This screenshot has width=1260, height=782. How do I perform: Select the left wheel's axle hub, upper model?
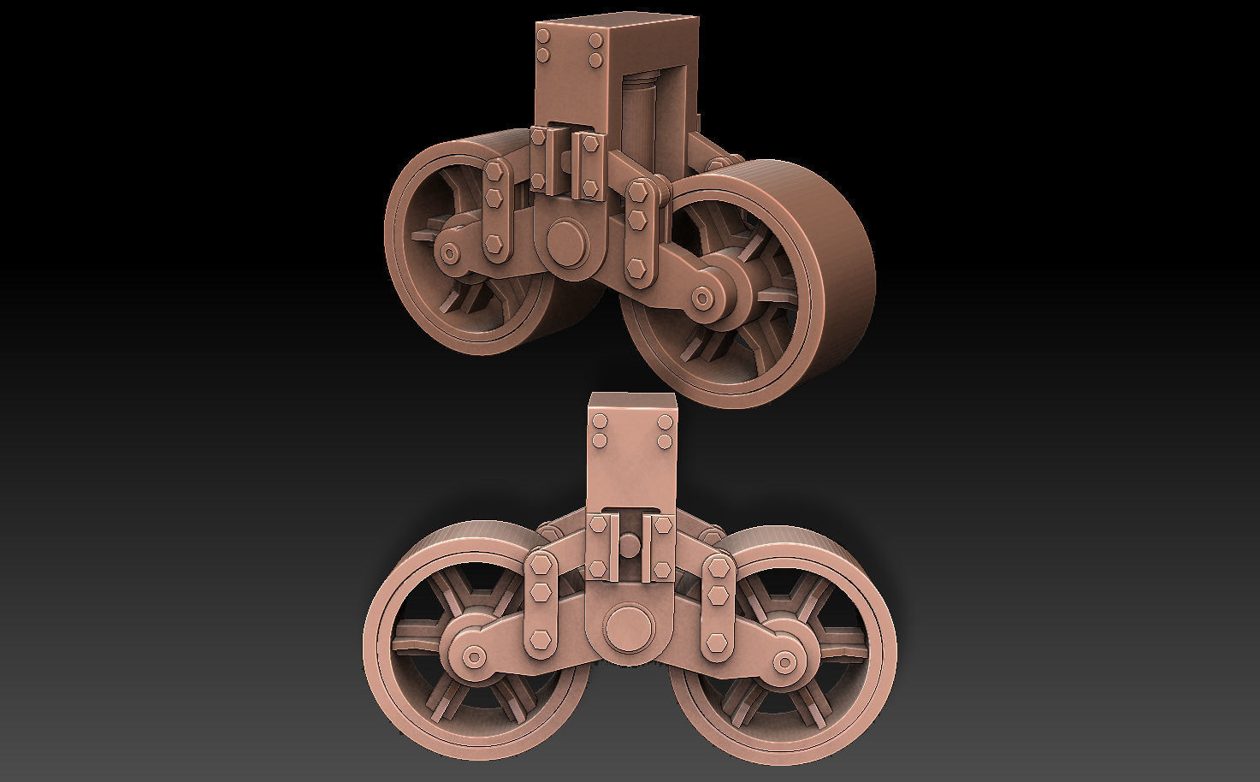[448, 252]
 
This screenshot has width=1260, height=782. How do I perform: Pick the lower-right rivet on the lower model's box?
[664, 441]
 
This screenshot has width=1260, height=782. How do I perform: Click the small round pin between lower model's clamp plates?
[630, 542]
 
